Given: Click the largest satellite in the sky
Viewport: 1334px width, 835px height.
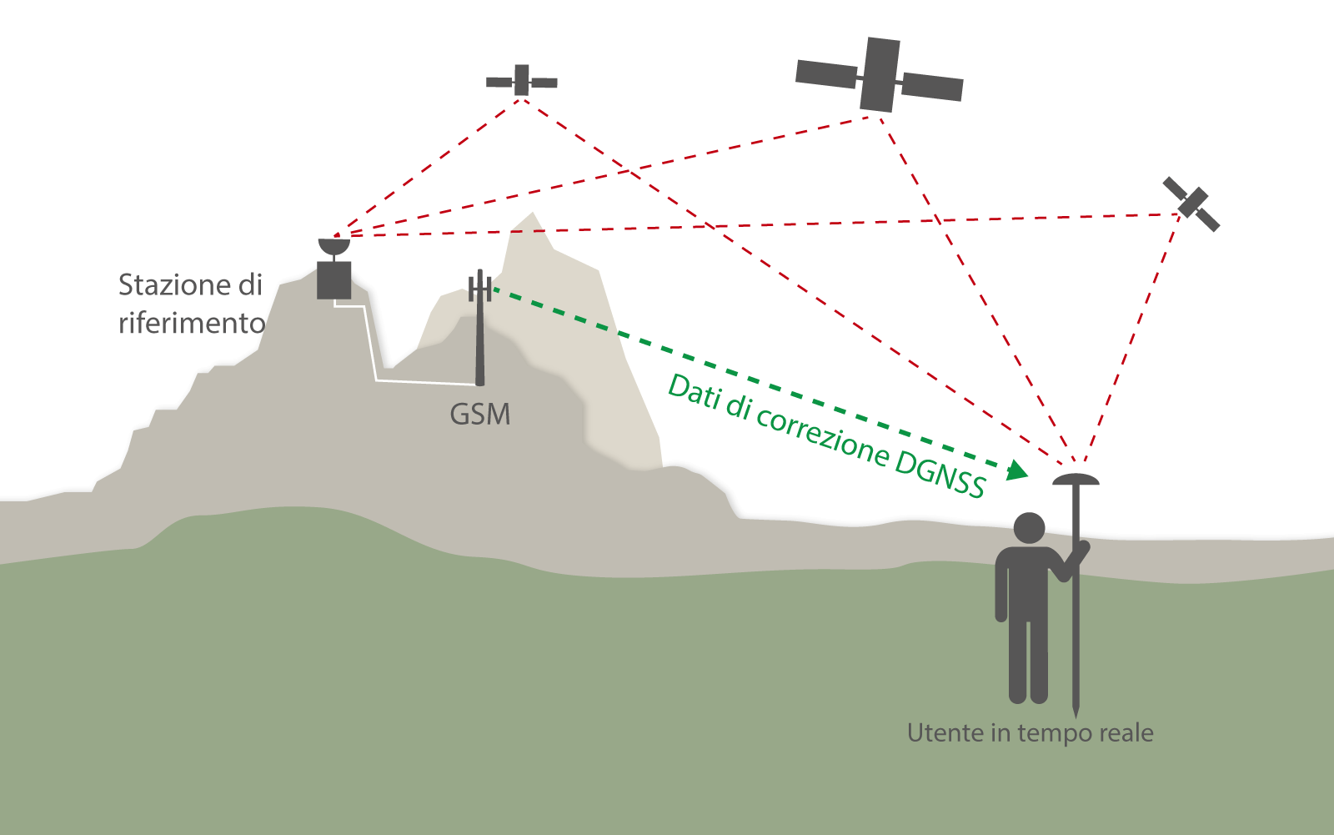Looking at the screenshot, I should (880, 75).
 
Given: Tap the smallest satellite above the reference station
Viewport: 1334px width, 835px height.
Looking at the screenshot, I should (522, 81).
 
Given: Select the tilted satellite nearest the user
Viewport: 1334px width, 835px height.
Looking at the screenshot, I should (1191, 204).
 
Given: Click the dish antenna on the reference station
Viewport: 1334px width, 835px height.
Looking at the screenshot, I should (333, 247).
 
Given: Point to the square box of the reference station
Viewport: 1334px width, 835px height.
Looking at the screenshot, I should (333, 280).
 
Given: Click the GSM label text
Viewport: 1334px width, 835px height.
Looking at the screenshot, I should (479, 415).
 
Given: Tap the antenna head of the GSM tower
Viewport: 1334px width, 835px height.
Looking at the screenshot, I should (479, 288).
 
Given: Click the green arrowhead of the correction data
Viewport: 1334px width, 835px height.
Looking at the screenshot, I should (1016, 471).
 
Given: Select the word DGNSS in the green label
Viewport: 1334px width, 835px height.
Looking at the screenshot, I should (940, 474).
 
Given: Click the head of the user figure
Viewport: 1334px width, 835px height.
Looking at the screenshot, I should (1029, 528).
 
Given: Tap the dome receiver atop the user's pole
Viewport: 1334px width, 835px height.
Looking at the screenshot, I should (1076, 479).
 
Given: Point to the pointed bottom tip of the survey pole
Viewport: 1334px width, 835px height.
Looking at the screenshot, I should (1076, 713).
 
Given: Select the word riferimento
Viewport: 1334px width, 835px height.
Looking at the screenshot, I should (192, 323).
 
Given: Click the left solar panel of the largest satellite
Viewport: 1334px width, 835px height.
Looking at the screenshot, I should (826, 73).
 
